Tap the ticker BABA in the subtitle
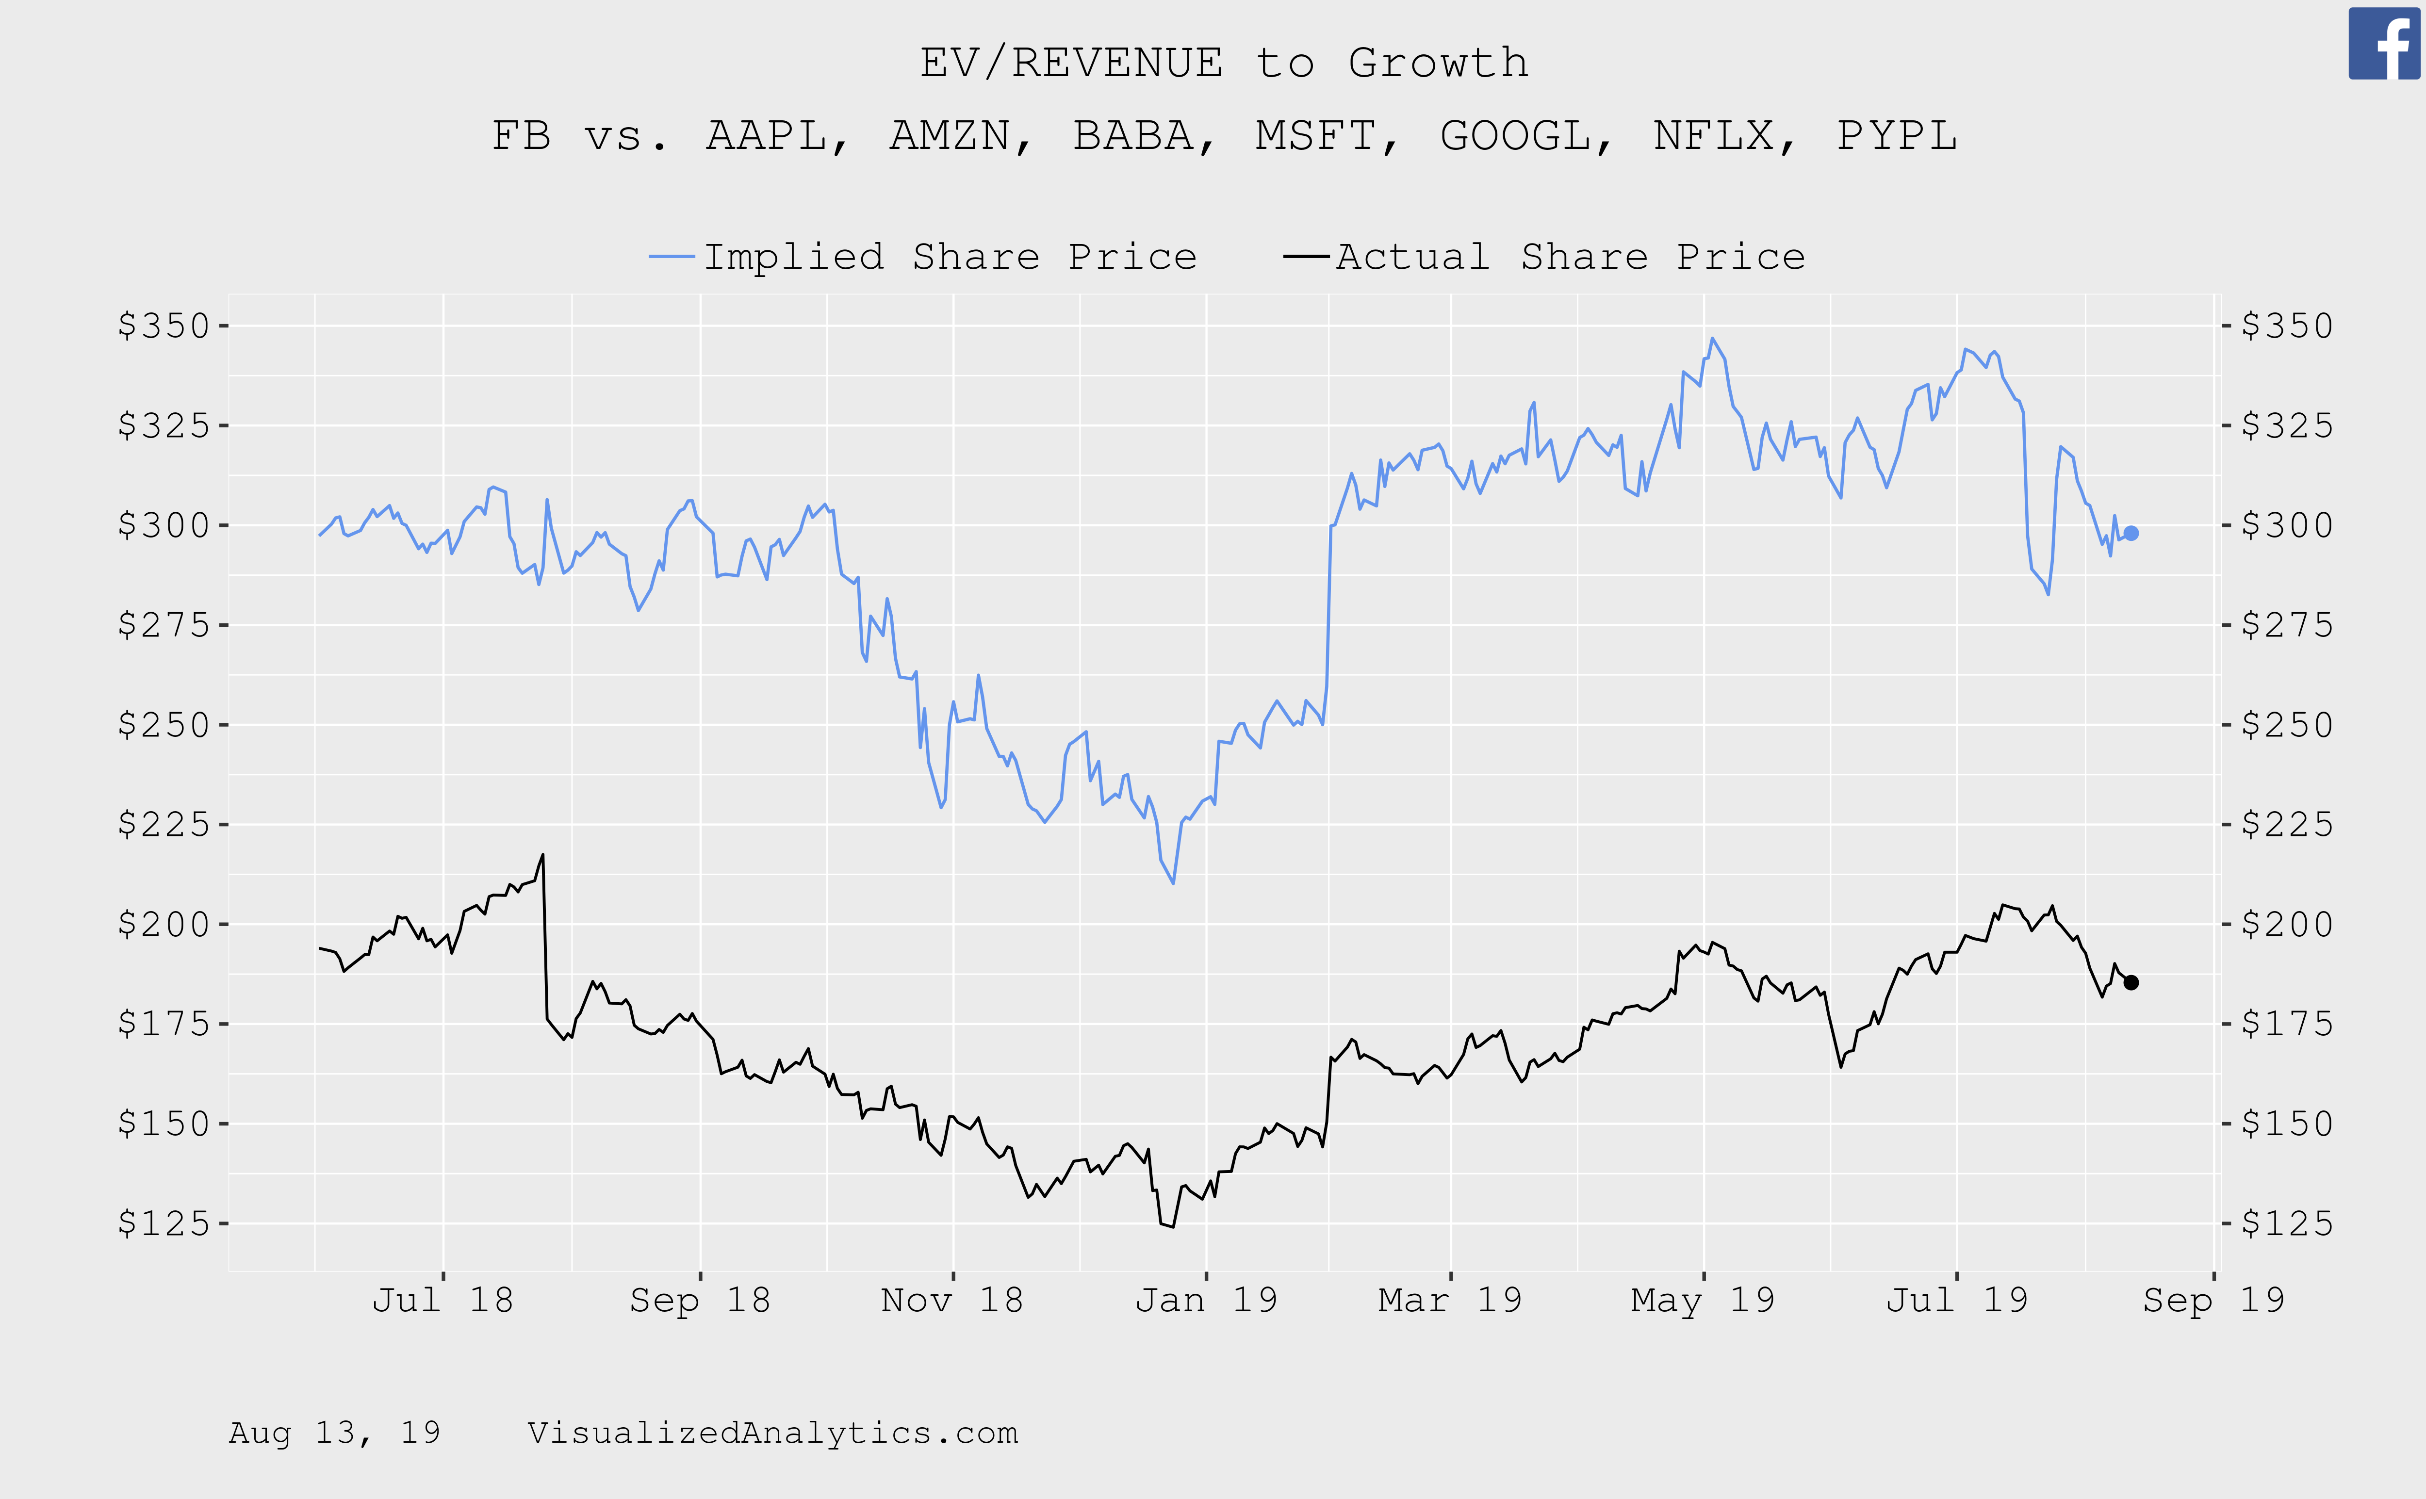1133,136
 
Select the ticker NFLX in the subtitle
1713,136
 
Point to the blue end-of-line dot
2131,533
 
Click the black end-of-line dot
2131,982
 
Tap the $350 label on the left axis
164,326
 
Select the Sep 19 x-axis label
2213,1300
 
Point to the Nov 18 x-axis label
952,1300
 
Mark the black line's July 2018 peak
542,855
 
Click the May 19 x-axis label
1702,1300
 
